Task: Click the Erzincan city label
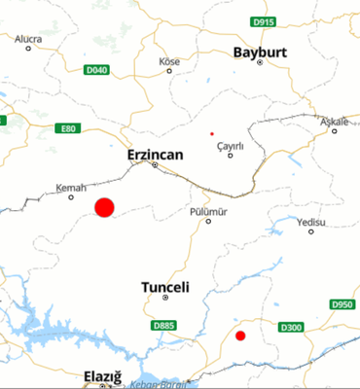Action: coord(155,154)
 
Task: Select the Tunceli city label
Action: coord(164,287)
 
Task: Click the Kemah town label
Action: coord(72,187)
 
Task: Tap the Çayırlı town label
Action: coord(230,145)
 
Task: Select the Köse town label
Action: coord(170,61)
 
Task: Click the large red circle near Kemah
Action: coord(104,207)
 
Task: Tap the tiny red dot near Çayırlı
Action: coord(211,133)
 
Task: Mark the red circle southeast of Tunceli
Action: coord(240,336)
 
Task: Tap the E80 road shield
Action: coord(67,128)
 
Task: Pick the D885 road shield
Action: coord(164,325)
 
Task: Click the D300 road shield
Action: coord(291,328)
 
